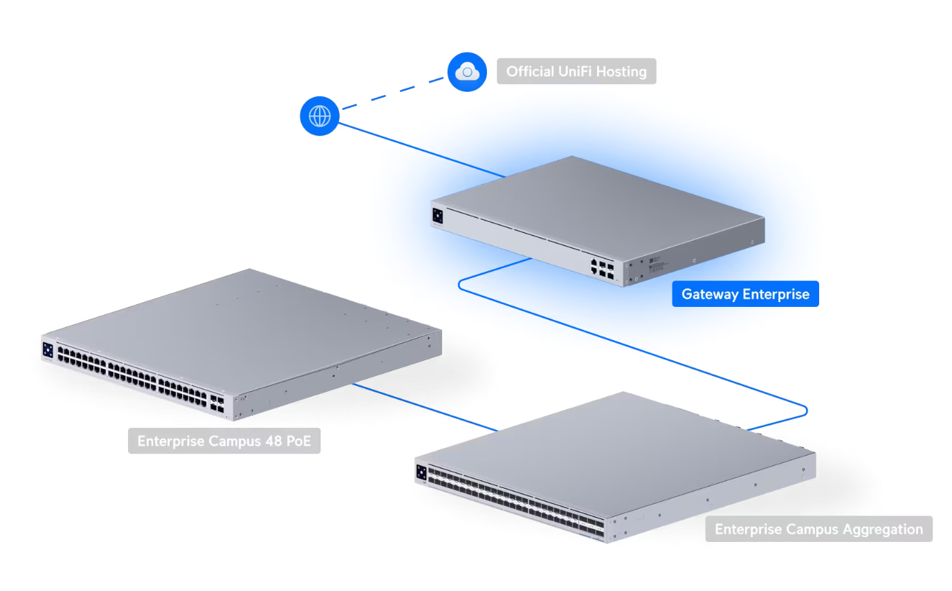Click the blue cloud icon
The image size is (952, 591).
[x=467, y=71]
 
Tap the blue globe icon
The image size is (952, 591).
[x=319, y=116]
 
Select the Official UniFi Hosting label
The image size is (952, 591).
[x=576, y=71]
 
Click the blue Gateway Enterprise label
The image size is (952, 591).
[x=745, y=294]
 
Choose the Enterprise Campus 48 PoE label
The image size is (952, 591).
[x=223, y=441]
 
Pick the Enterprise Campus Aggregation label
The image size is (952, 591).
[x=818, y=529]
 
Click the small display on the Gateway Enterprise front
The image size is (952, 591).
[x=437, y=216]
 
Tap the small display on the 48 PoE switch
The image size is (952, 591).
[x=48, y=350]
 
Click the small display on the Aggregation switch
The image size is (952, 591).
[x=421, y=473]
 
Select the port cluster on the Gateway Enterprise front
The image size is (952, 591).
[x=602, y=268]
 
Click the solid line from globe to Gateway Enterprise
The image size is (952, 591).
[x=422, y=149]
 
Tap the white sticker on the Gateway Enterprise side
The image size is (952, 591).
[x=654, y=265]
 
